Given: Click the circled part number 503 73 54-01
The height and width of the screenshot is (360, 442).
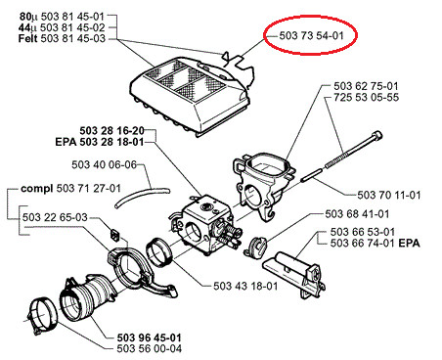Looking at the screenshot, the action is pos(311,35).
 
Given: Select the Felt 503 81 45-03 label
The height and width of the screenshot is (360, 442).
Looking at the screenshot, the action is pos(62,38).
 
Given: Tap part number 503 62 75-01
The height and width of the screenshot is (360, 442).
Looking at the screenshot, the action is pos(366,86).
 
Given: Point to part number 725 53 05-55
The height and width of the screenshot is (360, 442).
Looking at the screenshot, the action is pos(366,97).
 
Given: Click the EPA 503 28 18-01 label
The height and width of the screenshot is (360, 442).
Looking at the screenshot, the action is pos(100,142).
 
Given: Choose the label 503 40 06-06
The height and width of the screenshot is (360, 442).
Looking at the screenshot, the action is pos(104,164).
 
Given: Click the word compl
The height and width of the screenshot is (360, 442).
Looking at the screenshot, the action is pos(37,189).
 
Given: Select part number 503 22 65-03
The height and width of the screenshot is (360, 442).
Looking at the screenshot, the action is pos(55,217).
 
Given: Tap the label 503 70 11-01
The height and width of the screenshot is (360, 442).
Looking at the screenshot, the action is pos(389,195).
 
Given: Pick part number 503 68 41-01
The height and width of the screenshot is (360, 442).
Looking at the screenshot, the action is pos(357,214).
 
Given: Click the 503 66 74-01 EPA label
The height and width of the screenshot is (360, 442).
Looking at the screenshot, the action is pos(375,243).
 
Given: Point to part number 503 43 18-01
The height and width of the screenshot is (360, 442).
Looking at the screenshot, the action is pos(245,286).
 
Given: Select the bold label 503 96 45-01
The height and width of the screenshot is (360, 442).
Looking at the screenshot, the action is pos(149,337).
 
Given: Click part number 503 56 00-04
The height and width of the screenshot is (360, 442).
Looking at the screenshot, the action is pos(149,348).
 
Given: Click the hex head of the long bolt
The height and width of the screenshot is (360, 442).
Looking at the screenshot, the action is pos(377,135).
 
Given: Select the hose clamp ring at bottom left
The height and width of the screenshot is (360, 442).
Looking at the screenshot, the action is pos(42,316).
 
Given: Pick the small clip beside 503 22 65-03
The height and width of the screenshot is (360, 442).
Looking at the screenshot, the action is pos(114,234).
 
